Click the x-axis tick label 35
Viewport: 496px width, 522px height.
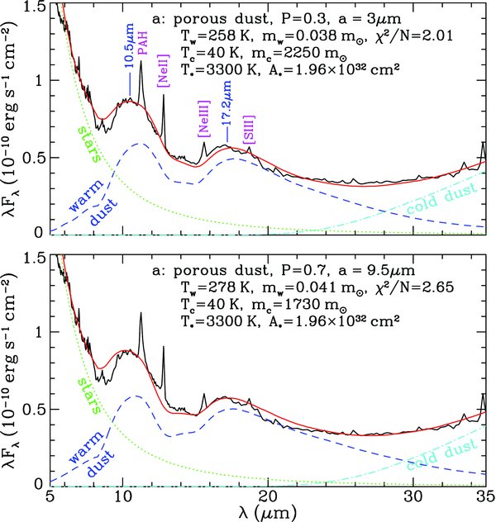(484, 498)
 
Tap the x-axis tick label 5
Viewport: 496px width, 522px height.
(50, 498)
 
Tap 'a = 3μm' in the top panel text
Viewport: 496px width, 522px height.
(369, 19)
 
